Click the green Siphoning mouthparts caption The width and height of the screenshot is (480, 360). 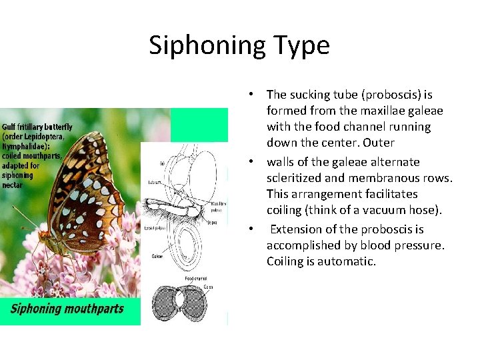(67, 309)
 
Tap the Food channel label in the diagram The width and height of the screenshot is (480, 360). (196, 278)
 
